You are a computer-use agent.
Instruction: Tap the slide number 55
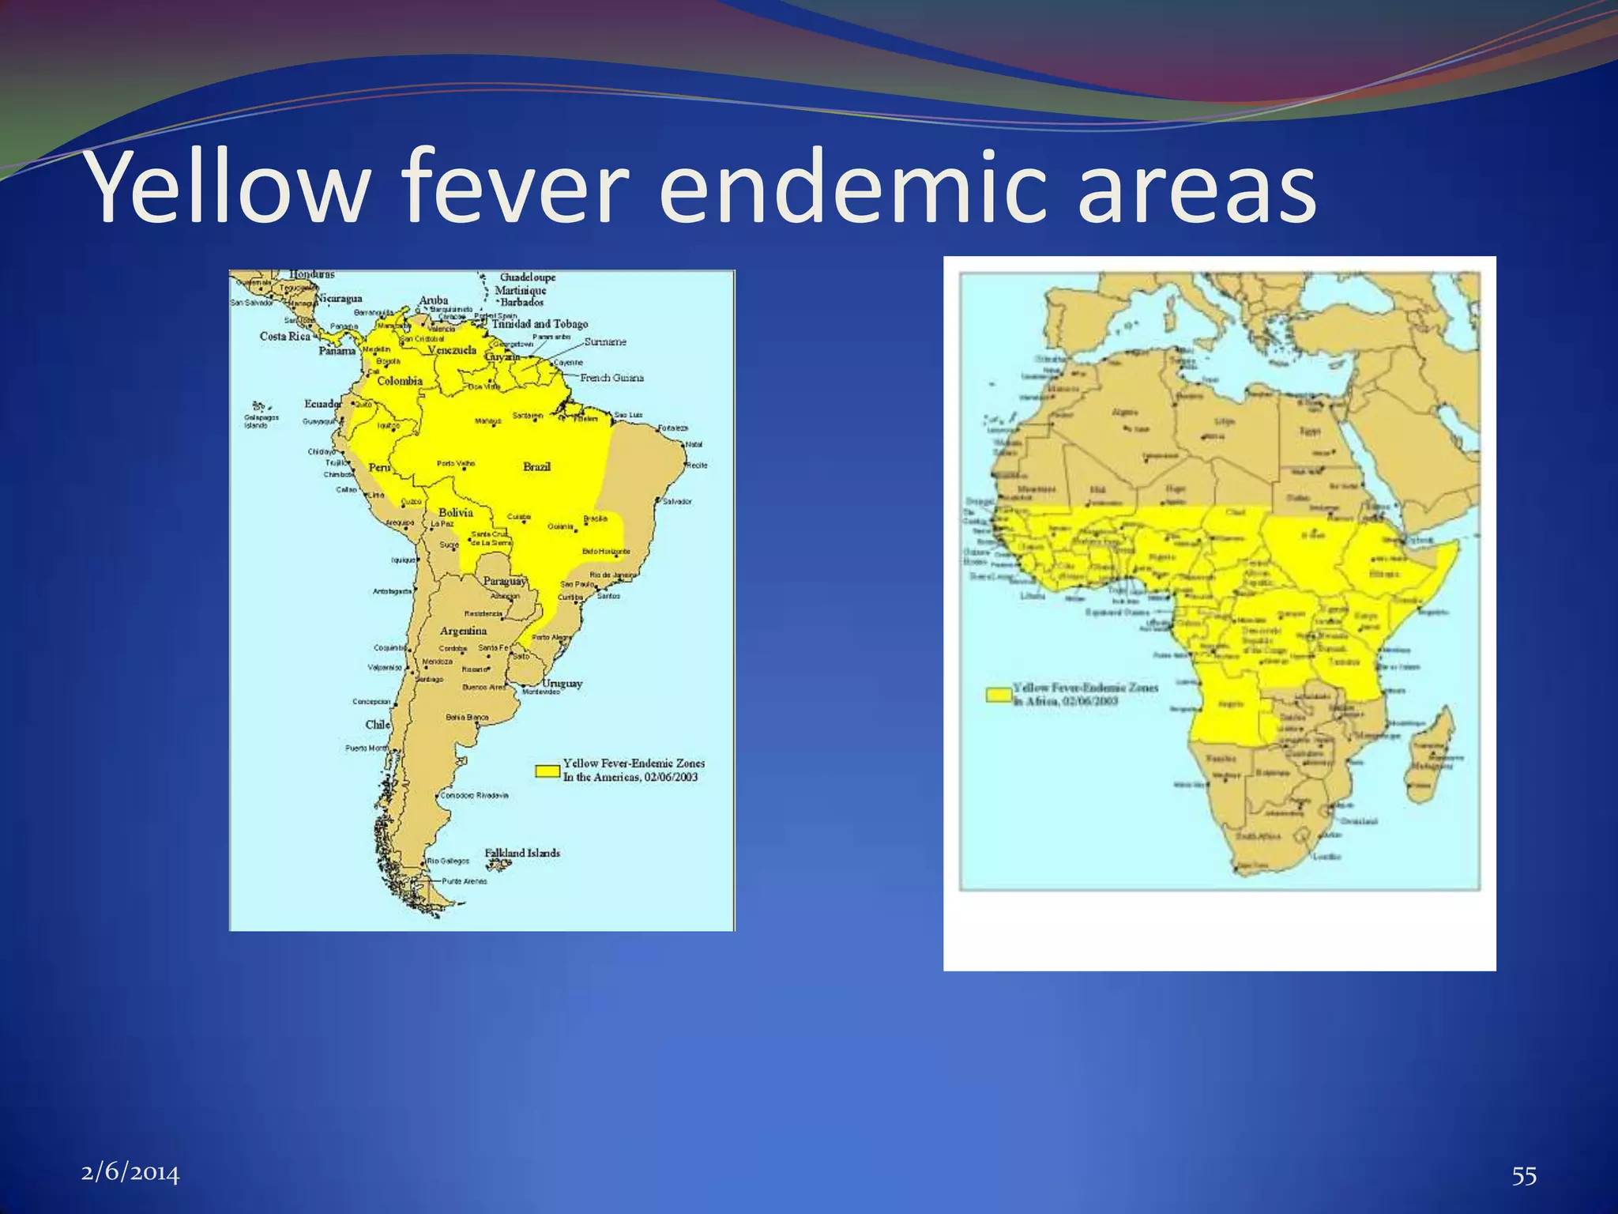click(1524, 1176)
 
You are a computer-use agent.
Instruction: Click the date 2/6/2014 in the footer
click(130, 1172)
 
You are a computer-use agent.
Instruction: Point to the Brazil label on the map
click(536, 466)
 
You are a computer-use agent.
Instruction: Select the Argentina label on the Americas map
click(463, 631)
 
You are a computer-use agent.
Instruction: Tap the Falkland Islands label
click(522, 853)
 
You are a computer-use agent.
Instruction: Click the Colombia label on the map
click(399, 381)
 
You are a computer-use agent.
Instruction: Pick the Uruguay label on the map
click(562, 683)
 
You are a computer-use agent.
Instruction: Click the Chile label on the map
click(378, 725)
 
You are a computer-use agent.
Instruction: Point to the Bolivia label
click(455, 512)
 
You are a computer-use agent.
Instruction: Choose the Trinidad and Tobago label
click(540, 324)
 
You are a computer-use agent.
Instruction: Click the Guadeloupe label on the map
click(528, 277)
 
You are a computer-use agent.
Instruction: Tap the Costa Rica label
click(285, 336)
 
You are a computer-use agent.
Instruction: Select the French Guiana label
click(611, 378)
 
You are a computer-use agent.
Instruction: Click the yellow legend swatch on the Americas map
click(547, 770)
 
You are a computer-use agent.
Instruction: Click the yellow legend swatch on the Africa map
click(999, 694)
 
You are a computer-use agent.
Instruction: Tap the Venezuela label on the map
click(452, 350)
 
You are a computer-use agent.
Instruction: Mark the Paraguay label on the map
click(504, 581)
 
